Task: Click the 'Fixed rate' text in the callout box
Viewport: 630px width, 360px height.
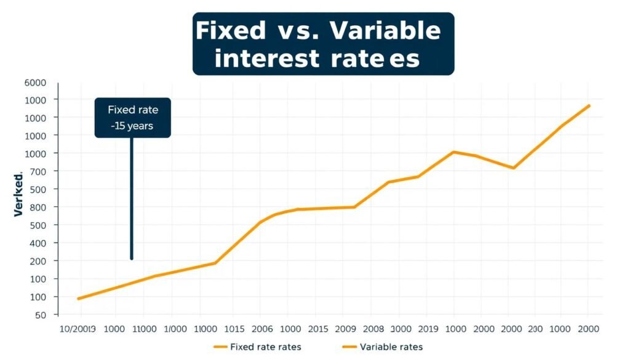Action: pyautogui.click(x=133, y=110)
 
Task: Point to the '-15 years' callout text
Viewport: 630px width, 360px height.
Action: pyautogui.click(x=132, y=126)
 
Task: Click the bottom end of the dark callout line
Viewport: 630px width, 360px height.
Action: pyautogui.click(x=132, y=258)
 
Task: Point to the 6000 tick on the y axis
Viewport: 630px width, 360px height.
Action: pyautogui.click(x=35, y=82)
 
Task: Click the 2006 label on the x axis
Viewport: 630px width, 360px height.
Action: pyautogui.click(x=263, y=329)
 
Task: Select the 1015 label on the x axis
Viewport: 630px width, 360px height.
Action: pyautogui.click(x=234, y=329)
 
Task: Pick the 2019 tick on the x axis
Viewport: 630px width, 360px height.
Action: pyautogui.click(x=427, y=329)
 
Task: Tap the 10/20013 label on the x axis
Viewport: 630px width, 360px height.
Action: pyautogui.click(x=78, y=329)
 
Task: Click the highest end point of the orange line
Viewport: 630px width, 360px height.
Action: pyautogui.click(x=589, y=105)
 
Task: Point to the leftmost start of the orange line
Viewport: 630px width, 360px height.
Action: pyautogui.click(x=78, y=298)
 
